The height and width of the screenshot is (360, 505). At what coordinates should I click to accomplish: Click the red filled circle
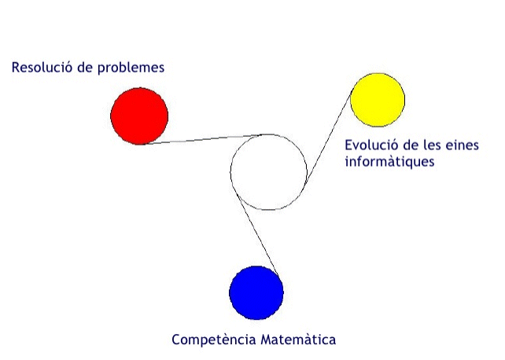(139, 116)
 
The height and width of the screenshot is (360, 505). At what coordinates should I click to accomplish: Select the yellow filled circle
(378, 100)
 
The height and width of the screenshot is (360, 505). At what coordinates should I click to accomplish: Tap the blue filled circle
(256, 292)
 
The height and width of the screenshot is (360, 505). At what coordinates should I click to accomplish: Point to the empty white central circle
(268, 172)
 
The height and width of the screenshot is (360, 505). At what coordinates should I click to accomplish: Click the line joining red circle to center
(202, 139)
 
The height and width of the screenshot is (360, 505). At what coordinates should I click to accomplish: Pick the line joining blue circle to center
(258, 234)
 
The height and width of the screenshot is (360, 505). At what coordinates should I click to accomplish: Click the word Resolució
(42, 68)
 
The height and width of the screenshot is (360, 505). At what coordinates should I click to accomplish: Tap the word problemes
(131, 68)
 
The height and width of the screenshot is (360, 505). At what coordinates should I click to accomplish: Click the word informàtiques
(389, 161)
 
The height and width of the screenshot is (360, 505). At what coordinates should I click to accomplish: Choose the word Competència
(213, 340)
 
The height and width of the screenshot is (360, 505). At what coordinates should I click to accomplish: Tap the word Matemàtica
(298, 340)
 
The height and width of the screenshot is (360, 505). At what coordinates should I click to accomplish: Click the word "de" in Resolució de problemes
(85, 68)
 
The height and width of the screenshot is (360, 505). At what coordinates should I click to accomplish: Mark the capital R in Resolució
(16, 68)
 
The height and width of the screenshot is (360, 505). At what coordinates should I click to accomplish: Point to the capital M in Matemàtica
(266, 340)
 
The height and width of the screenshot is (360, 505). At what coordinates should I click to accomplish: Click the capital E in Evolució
(348, 145)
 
